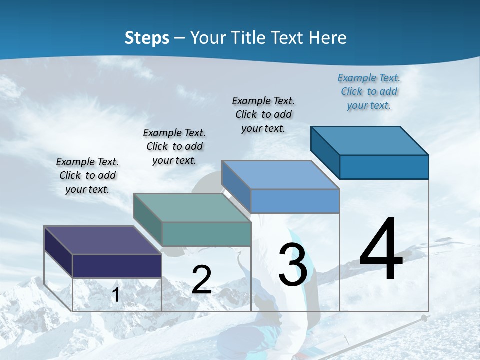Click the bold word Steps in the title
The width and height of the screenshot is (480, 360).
pyautogui.click(x=147, y=38)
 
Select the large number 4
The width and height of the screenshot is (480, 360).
pyautogui.click(x=381, y=250)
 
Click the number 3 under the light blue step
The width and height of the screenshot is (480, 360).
pyautogui.click(x=293, y=265)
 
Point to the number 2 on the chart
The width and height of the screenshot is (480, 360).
pyautogui.click(x=201, y=280)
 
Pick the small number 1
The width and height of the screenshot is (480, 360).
pyautogui.click(x=116, y=295)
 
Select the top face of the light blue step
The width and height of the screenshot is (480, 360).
pyautogui.click(x=280, y=175)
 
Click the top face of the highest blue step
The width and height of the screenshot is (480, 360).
pyautogui.click(x=369, y=141)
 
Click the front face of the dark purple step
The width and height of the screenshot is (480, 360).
pyautogui.click(x=117, y=266)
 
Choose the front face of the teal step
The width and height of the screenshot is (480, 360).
pyautogui.click(x=206, y=234)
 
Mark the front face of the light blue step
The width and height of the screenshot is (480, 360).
pyautogui.click(x=295, y=201)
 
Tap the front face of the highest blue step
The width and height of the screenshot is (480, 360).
pyautogui.click(x=384, y=167)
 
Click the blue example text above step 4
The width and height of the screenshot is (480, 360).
pyautogui.click(x=369, y=91)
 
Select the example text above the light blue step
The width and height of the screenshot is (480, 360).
pyautogui.click(x=263, y=114)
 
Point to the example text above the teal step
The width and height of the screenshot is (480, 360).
pyautogui.click(x=174, y=146)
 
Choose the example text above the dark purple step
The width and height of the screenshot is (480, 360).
pyautogui.click(x=87, y=175)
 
